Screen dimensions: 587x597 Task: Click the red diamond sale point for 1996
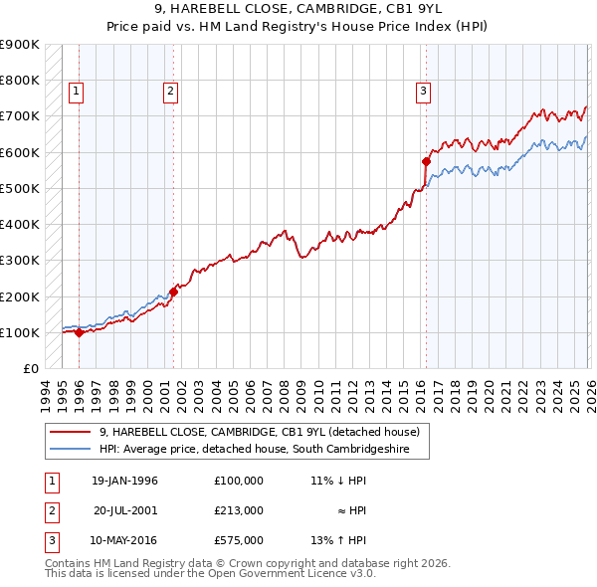click(80, 332)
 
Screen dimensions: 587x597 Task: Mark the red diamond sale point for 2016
click(426, 161)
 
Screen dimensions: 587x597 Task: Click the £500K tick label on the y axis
click(20, 188)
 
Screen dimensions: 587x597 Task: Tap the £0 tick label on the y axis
click(30, 368)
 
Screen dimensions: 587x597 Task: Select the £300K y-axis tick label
click(20, 261)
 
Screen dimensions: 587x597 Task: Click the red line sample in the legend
click(70, 432)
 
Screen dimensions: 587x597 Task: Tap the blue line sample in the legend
click(70, 449)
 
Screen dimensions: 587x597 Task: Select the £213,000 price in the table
click(239, 510)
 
